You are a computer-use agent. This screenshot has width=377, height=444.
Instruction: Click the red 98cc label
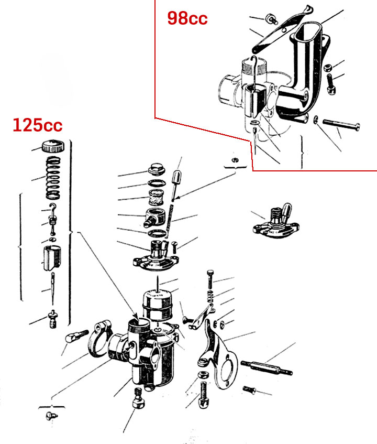point(187,18)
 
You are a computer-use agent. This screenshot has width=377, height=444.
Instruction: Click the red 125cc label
point(38,125)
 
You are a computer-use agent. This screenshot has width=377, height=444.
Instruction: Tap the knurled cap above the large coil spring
point(53,146)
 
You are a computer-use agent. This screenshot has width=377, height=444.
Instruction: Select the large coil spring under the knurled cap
point(53,178)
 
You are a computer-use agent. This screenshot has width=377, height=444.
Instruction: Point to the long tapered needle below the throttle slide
point(53,288)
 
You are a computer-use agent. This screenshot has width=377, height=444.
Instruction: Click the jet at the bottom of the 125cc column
point(53,319)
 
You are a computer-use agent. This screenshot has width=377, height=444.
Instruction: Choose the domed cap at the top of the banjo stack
point(157,169)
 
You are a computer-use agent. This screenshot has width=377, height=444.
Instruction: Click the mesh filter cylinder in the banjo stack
point(157,197)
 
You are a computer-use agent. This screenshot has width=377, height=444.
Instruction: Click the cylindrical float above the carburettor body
point(157,305)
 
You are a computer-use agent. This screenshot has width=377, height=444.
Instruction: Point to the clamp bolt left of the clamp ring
point(76,336)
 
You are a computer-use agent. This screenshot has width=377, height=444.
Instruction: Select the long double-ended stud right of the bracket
point(267,367)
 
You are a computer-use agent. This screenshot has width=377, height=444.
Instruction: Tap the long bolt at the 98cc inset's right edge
point(341,124)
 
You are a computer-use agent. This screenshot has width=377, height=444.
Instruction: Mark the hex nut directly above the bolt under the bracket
point(203,375)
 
